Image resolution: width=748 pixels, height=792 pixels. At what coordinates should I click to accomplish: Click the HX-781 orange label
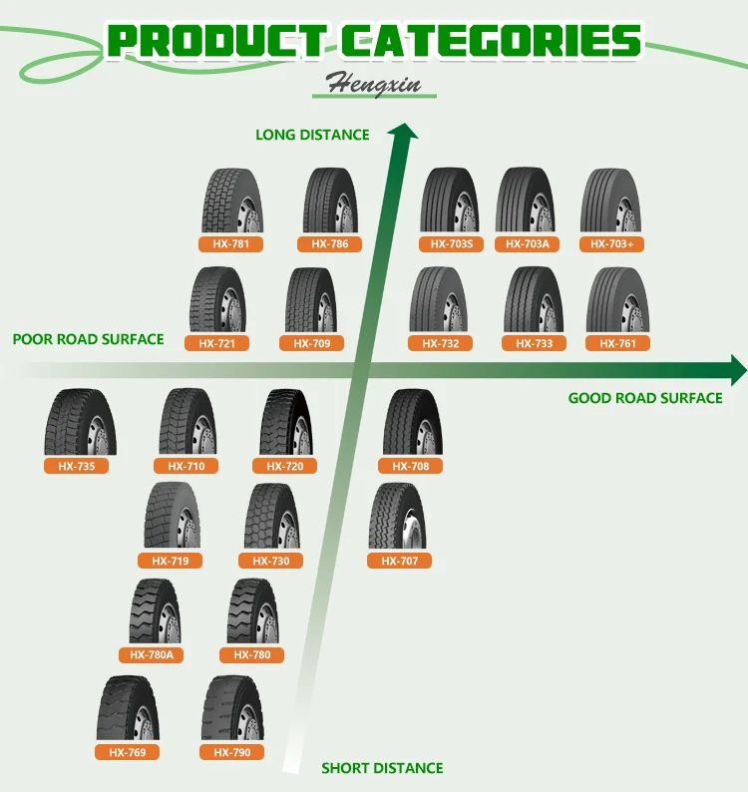pos(231,244)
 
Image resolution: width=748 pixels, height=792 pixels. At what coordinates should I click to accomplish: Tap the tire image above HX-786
pos(330,200)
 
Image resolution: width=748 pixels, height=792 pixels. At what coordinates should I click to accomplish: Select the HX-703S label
pos(452,244)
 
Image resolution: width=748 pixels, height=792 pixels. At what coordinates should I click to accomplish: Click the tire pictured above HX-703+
pos(610,200)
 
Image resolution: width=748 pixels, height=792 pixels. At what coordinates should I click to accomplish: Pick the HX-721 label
pos(216,344)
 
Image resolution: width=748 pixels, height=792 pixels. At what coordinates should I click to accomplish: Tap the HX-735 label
pos(76,466)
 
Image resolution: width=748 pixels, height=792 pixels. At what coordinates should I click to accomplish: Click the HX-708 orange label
pos(411,466)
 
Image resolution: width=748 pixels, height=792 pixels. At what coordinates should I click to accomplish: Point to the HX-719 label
pos(171,561)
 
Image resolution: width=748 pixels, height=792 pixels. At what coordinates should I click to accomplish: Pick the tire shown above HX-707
pos(397,516)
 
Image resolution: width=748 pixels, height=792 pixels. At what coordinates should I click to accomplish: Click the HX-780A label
pos(152,655)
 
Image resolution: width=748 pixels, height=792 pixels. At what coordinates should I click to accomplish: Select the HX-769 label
pos(128,752)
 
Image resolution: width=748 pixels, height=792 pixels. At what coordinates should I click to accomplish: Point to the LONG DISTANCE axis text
pos(312,135)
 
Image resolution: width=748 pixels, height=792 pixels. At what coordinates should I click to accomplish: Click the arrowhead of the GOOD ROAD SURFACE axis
pos(737,369)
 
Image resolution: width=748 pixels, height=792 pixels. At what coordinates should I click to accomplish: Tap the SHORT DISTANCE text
pos(382,768)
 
